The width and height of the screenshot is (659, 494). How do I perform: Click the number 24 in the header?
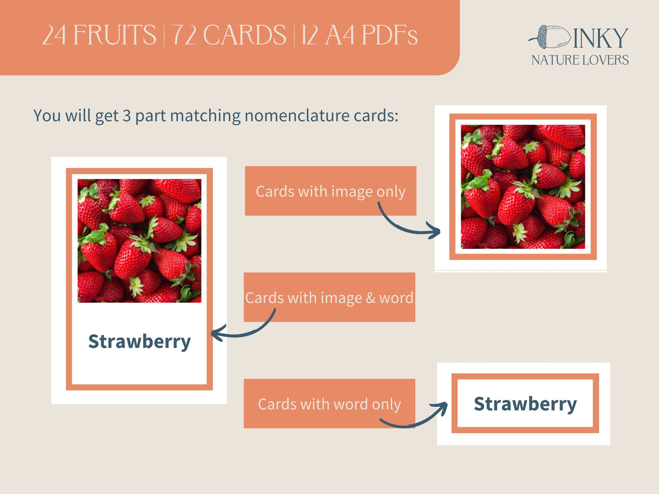pyautogui.click(x=54, y=35)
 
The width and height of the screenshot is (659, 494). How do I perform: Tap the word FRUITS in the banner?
pyautogui.click(x=114, y=35)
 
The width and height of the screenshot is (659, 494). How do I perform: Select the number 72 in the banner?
pyautogui.click(x=184, y=35)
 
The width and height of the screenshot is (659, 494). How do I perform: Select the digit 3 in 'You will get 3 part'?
pyautogui.click(x=127, y=116)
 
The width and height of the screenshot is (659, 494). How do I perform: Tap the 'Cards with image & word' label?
pyautogui.click(x=329, y=297)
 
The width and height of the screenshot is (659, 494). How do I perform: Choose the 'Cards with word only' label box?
pyautogui.click(x=329, y=403)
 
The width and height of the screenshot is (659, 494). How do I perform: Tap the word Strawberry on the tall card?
pyautogui.click(x=139, y=342)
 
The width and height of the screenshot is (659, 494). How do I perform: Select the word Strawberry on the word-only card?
pyautogui.click(x=525, y=404)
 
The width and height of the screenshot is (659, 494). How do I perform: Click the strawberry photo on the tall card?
pyautogui.click(x=139, y=241)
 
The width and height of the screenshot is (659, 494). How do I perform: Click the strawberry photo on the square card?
pyautogui.click(x=523, y=187)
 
